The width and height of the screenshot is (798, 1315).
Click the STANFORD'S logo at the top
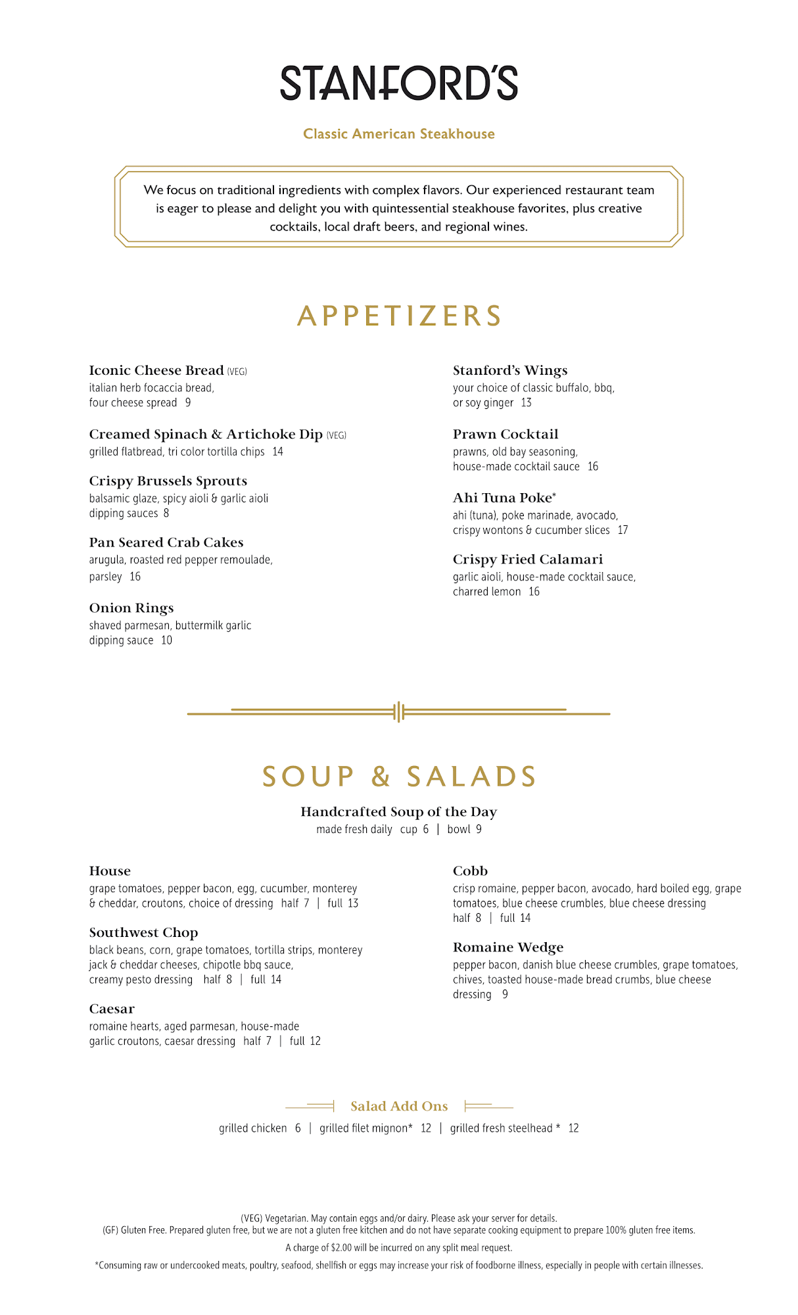tap(399, 84)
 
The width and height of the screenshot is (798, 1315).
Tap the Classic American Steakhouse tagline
tap(399, 134)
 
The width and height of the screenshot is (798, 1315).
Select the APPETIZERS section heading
tap(399, 316)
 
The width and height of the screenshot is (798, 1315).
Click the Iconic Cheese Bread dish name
tap(156, 371)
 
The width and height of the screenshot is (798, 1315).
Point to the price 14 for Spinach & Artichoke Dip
tap(278, 452)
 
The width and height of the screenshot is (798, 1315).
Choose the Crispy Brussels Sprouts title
tap(168, 481)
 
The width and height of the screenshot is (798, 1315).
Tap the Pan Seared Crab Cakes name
tap(166, 543)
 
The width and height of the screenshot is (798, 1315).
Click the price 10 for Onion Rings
tap(167, 640)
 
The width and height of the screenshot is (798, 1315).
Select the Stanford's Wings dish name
tap(510, 371)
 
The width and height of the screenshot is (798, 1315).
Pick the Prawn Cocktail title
tap(505, 435)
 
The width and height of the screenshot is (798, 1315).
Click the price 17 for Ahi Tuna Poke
tap(622, 530)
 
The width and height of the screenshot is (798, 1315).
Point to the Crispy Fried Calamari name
tap(528, 560)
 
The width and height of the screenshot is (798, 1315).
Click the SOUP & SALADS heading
tap(399, 777)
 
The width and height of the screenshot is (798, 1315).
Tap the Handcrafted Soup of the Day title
tap(399, 812)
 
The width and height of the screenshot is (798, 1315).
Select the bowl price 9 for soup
tap(479, 830)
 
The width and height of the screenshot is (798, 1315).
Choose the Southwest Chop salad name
tap(143, 933)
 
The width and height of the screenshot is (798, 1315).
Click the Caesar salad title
tap(112, 1009)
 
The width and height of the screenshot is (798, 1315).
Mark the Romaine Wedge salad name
tap(508, 947)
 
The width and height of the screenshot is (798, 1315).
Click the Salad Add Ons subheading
tap(399, 1107)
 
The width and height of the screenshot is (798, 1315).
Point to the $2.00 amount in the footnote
tap(341, 1248)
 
